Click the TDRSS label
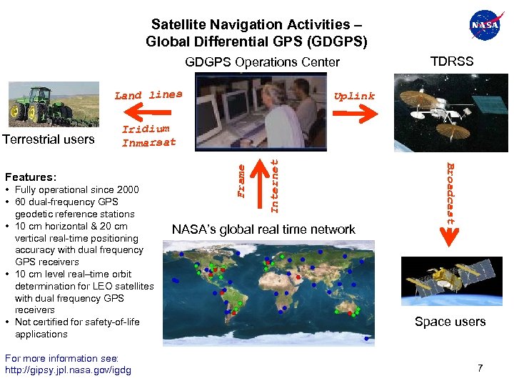pos(451,61)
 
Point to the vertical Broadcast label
pos(450,194)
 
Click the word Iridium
pos(146,129)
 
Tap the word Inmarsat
pos(148,142)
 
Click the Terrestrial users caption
pos(49,139)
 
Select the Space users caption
pos(450,322)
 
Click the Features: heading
pos(31,177)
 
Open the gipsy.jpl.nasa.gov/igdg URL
pos(68,370)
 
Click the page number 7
pos(480,368)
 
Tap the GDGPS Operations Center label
pos(262,62)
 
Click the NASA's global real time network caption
pos(263,229)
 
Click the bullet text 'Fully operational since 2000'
pos(76,189)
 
